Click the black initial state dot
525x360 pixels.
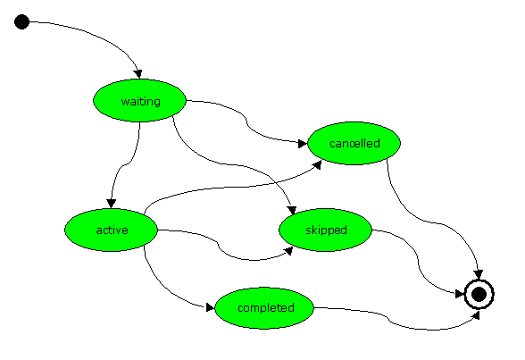(x=21, y=21)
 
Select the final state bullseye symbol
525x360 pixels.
(x=479, y=295)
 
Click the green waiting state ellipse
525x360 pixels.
(x=139, y=100)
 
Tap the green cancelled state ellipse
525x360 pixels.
(x=354, y=143)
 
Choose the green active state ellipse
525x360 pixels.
(x=111, y=230)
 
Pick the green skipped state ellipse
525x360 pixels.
(x=325, y=230)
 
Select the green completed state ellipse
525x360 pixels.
(x=264, y=308)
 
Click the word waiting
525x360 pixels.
(x=141, y=101)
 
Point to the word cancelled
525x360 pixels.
(x=354, y=143)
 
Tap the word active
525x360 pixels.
(x=112, y=230)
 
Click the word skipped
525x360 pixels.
(x=326, y=230)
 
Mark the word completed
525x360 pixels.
(x=266, y=308)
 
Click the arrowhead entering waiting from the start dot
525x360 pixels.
(x=137, y=74)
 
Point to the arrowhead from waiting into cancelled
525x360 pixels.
(x=303, y=144)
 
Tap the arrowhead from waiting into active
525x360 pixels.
(x=111, y=204)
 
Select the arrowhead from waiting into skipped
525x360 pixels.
(x=292, y=210)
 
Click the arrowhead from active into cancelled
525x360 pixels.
(x=317, y=164)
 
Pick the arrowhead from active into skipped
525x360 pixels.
(x=288, y=251)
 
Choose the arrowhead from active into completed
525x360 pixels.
(x=211, y=307)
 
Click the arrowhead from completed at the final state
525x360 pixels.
(x=475, y=314)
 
